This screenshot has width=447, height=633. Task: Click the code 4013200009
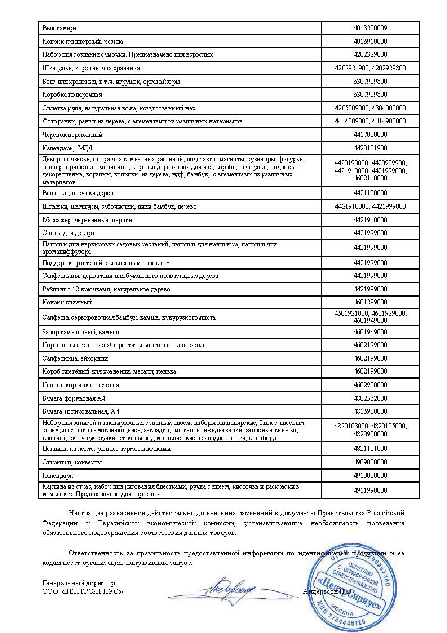(x=370, y=28)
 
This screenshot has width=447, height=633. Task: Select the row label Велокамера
(x=59, y=28)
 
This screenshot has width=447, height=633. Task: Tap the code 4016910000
(x=370, y=42)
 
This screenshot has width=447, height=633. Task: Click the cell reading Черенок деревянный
(x=72, y=135)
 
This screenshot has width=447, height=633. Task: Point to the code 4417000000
(x=370, y=135)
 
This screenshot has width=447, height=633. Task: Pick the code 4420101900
(x=370, y=148)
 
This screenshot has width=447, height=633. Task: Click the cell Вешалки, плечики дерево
(x=80, y=193)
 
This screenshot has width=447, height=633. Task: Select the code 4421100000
(x=370, y=193)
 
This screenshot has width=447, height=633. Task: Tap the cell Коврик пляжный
(x=67, y=302)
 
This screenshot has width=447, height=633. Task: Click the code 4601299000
(x=370, y=302)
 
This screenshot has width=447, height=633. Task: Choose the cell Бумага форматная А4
(x=74, y=398)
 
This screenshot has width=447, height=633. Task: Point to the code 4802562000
(x=370, y=398)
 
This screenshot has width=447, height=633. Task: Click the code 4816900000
(x=370, y=411)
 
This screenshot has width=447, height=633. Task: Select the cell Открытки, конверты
(x=72, y=462)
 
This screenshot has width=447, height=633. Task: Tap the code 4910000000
(x=370, y=476)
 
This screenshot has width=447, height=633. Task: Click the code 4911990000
(x=370, y=490)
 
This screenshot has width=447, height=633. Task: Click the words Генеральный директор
(x=79, y=583)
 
